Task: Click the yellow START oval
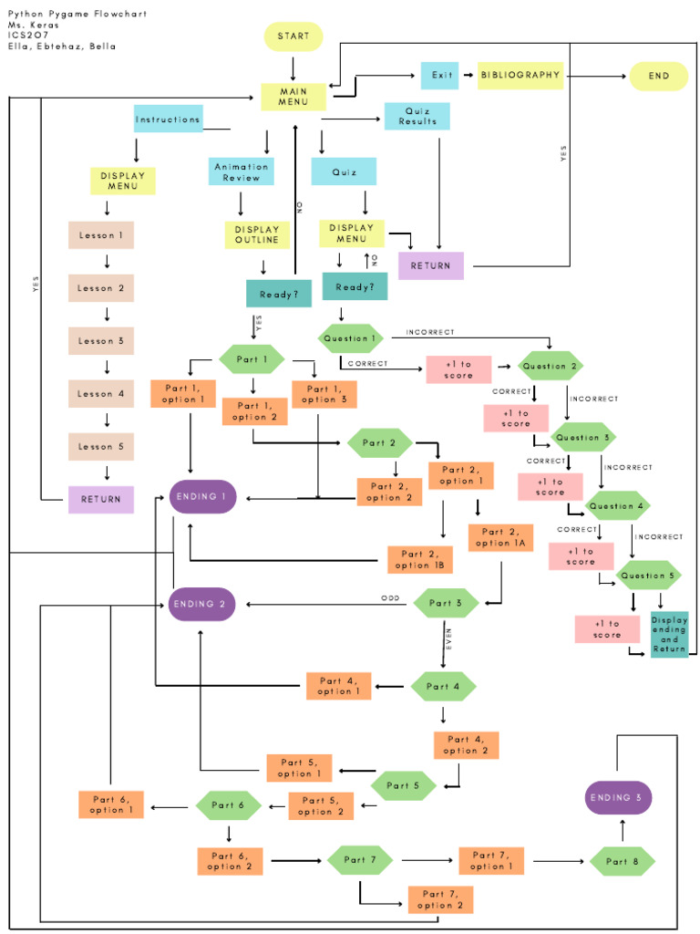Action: pyautogui.click(x=293, y=36)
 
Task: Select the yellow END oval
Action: pyautogui.click(x=658, y=76)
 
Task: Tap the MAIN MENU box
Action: pyautogui.click(x=293, y=96)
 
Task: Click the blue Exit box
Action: pyautogui.click(x=439, y=76)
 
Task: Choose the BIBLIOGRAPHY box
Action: pyautogui.click(x=520, y=76)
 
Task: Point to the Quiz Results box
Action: pyautogui.click(x=417, y=116)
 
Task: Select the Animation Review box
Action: pyautogui.click(x=242, y=172)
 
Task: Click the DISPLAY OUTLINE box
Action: pyautogui.click(x=258, y=234)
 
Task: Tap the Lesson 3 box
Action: pyautogui.click(x=101, y=340)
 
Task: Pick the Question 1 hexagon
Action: pyautogui.click(x=350, y=338)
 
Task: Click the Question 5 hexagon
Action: pyautogui.click(x=648, y=576)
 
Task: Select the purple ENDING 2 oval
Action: pyautogui.click(x=202, y=604)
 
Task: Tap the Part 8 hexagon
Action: pyautogui.click(x=623, y=861)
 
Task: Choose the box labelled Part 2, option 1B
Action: pyautogui.click(x=420, y=559)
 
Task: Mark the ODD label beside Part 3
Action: pyautogui.click(x=390, y=598)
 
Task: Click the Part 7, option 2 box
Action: pyautogui.click(x=440, y=899)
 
